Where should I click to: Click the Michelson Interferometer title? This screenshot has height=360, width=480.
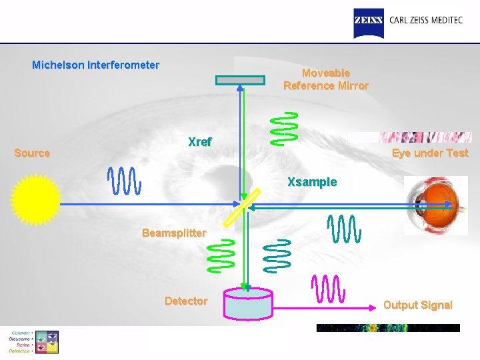(x=96, y=65)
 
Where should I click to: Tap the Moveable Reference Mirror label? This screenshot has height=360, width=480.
(x=326, y=79)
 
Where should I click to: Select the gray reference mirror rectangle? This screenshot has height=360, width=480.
(x=240, y=80)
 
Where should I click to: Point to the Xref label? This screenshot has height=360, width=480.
(x=200, y=142)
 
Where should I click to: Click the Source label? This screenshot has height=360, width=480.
(x=32, y=153)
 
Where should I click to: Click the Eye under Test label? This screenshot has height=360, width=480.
(x=430, y=153)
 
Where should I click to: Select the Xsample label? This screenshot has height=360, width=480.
(x=312, y=182)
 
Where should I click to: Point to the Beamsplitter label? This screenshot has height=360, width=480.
(x=174, y=233)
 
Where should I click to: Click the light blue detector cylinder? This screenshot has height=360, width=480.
(x=248, y=303)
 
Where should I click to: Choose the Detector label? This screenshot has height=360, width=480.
(x=186, y=301)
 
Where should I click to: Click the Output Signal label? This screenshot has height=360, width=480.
(x=418, y=305)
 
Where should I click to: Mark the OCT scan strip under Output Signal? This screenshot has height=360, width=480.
(x=388, y=328)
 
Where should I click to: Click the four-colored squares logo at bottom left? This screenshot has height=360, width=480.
(x=46, y=341)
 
